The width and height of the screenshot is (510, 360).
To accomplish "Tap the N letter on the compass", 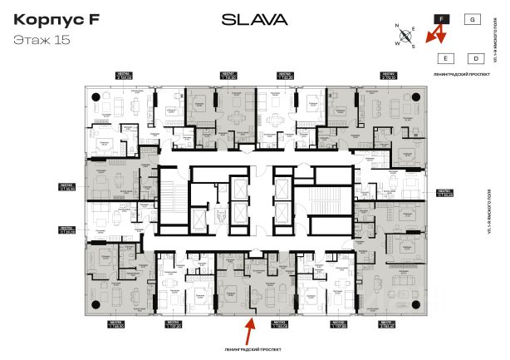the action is (398, 27).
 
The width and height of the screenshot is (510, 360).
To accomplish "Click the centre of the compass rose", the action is (405, 36).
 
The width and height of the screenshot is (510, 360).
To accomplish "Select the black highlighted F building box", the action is (442, 17).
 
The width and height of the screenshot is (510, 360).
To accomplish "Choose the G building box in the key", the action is (472, 17).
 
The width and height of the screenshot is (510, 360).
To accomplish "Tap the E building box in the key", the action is (445, 58).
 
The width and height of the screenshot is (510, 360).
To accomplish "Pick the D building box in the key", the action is (475, 58).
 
